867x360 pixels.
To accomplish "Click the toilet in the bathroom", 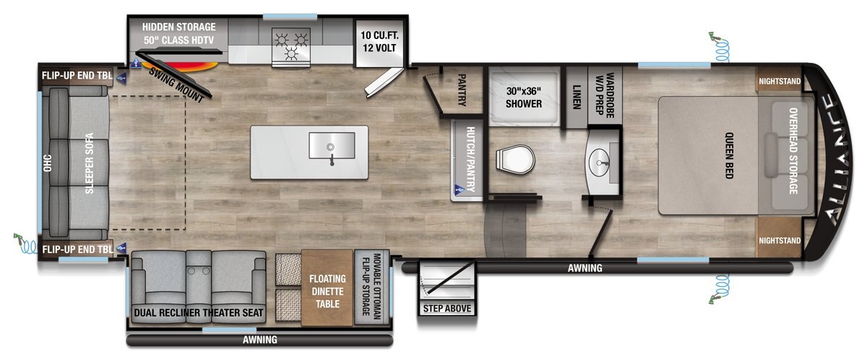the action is point(515,160).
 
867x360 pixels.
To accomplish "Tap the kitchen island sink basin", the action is point(332,145).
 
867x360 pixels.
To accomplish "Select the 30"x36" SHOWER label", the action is point(524,97).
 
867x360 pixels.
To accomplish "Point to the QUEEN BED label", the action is point(729,155).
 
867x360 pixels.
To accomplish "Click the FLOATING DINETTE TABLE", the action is point(327,288).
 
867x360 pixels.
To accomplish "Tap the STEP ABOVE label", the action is point(447,309).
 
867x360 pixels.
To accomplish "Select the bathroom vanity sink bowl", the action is point(599,163).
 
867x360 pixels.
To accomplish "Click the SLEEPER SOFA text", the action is point(89,163).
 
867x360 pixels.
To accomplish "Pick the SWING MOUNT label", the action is point(176,85).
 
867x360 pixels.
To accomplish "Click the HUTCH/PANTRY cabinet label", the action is point(470,160).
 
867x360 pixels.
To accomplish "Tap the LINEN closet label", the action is point(577,97).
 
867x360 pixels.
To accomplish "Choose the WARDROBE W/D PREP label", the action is point(605,95).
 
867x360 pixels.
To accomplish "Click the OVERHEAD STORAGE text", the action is point(793,150).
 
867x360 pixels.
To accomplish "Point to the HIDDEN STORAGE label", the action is point(179,27).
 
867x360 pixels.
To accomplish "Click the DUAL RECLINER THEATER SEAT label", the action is point(199,312).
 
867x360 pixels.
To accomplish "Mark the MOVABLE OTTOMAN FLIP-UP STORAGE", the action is point(371,286).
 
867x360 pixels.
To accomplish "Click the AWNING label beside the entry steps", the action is point(585,268).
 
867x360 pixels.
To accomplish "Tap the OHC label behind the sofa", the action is point(47,163).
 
